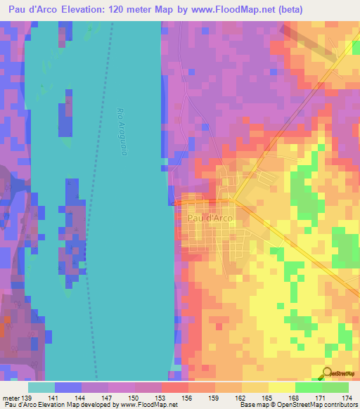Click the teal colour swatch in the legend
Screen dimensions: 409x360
click(41, 387)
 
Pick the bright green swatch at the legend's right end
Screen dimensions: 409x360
click(335, 387)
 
